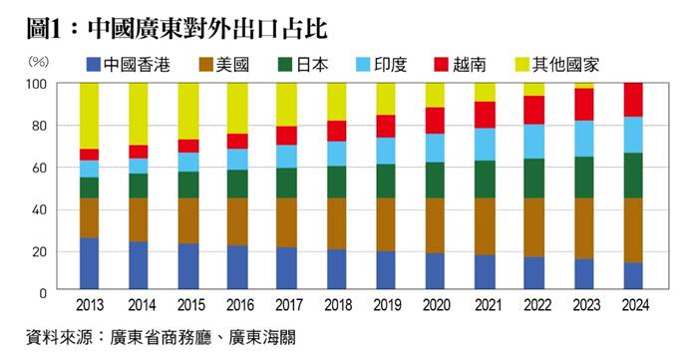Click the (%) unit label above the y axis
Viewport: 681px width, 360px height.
[x=38, y=60]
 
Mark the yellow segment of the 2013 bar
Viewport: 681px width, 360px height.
[x=90, y=116]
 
